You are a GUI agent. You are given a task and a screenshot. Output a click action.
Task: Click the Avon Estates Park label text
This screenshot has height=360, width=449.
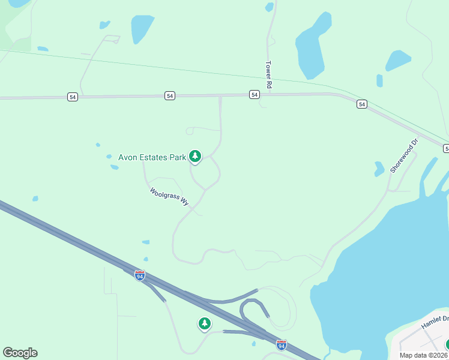point(152,157)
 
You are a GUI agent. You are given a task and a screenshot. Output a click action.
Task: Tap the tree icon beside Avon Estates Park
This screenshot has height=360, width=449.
point(194,157)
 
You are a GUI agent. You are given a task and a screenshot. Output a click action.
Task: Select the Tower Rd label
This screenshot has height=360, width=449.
point(269,76)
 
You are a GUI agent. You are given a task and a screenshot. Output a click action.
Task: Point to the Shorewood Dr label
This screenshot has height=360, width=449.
point(403,157)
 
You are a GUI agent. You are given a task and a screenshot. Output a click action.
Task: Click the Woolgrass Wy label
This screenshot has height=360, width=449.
point(169,197)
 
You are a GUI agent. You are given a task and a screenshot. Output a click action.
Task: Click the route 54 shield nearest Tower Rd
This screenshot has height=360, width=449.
point(255,95)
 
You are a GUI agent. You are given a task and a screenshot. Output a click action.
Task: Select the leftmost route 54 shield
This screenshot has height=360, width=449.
point(72,97)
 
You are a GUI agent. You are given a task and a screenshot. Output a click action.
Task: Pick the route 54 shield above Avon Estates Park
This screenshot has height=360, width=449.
point(170,96)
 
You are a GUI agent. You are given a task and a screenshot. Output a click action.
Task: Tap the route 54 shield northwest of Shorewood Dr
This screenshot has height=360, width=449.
point(361,104)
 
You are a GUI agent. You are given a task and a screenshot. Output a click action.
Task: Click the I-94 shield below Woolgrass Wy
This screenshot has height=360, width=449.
point(140,275)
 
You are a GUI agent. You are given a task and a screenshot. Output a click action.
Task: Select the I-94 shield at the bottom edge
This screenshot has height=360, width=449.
point(282,344)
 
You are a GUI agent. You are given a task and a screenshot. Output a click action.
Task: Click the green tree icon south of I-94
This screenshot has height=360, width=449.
point(205,324)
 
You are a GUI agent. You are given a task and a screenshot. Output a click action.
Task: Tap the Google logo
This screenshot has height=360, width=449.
point(20,353)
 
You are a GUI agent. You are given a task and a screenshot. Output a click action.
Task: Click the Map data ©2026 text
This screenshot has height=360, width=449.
point(424,355)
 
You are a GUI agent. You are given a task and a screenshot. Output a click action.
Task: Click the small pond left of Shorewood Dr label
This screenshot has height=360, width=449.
point(379,169)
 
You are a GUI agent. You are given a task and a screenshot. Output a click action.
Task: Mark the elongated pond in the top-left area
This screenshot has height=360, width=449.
point(142,28)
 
